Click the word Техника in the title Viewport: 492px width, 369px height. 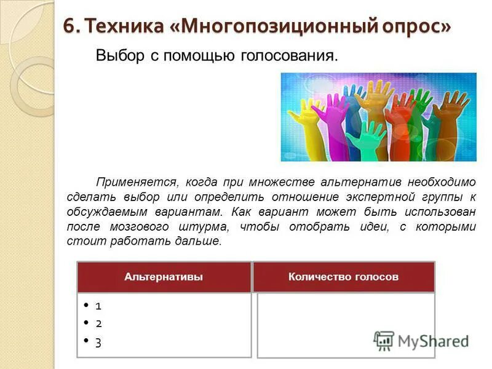121,26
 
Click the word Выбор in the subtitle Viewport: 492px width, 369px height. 117,56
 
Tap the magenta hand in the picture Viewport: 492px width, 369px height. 327,117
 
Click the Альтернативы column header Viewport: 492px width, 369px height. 164,277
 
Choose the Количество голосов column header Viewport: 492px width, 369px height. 343,277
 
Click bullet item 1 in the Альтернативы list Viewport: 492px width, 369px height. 98,306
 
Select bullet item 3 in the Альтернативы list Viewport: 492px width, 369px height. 98,343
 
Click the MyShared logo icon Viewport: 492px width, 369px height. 384,341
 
